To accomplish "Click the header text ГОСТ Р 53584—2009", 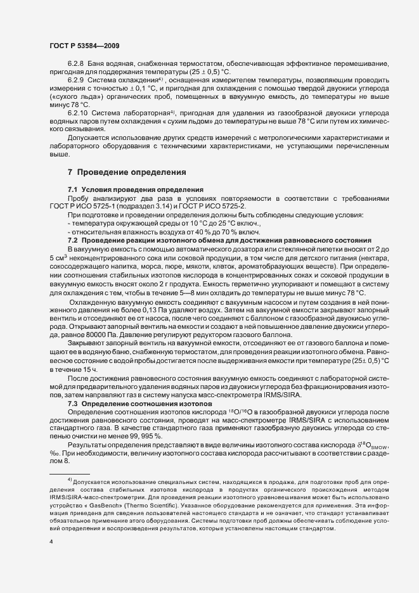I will click(x=84, y=47).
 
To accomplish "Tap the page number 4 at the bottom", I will click(x=51, y=543).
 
